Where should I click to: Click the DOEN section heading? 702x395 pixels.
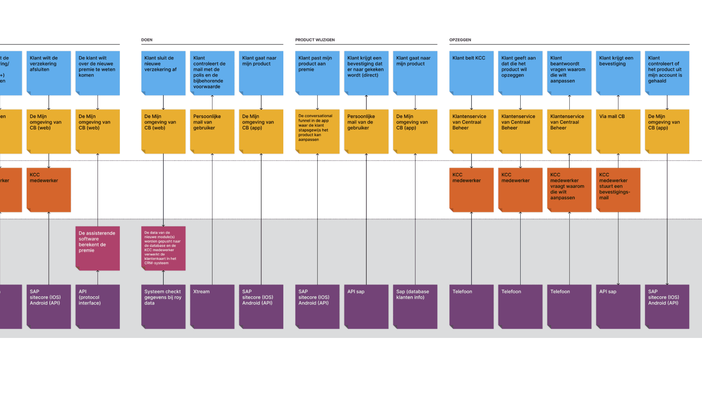point(147,40)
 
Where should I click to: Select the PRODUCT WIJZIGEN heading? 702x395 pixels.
point(315,40)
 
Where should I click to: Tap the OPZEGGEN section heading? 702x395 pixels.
point(460,40)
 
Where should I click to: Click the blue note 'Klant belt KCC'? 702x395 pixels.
point(471,73)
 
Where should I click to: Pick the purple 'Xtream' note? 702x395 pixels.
point(212,306)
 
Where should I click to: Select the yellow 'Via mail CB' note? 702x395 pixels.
point(618,132)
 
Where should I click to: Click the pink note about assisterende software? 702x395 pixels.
point(98,248)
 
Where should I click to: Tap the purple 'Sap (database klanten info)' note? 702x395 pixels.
point(415,306)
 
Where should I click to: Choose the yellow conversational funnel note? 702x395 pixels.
point(317,132)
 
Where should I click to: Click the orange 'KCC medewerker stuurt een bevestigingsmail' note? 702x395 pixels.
point(618,190)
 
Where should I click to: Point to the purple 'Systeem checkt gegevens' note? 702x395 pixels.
point(163,306)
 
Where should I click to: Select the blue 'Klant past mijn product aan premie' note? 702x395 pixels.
point(317,73)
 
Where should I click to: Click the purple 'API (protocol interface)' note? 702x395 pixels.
point(98,306)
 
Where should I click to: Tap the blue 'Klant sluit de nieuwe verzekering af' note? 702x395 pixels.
point(163,73)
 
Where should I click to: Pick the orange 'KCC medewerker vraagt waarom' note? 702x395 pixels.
point(569,190)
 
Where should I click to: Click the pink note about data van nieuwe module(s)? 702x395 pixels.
point(163,248)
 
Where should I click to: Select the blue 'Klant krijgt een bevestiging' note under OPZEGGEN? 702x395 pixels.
point(618,73)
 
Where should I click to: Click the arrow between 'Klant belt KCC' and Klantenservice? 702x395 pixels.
point(471,102)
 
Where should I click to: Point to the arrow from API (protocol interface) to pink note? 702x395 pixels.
point(98,278)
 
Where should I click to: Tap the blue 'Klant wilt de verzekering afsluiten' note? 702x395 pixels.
point(49,73)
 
